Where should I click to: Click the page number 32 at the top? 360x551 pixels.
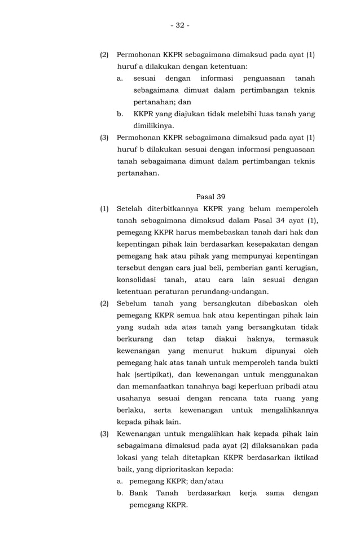pos(180,25)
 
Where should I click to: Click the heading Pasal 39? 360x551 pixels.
pos(210,196)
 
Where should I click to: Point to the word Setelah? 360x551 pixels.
pos(132,208)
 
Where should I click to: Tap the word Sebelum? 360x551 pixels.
pos(133,303)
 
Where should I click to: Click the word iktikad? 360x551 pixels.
pos(303,457)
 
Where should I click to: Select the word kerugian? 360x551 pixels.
pos(300,268)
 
